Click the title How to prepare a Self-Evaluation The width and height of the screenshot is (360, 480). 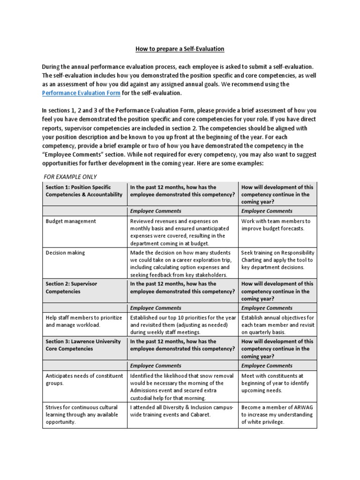point(180,49)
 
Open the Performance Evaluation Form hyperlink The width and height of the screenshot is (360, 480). point(81,93)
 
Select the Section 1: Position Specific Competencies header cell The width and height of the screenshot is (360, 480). point(84,191)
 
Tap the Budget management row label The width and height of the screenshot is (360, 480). point(71,221)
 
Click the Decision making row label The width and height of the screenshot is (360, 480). point(66,253)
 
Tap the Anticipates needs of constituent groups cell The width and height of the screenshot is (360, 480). point(84,379)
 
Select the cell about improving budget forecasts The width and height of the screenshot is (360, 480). point(277,225)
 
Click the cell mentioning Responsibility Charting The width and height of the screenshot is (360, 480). point(277,260)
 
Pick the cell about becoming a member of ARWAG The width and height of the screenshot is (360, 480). point(277,414)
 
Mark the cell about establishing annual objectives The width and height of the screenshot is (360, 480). point(277,325)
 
